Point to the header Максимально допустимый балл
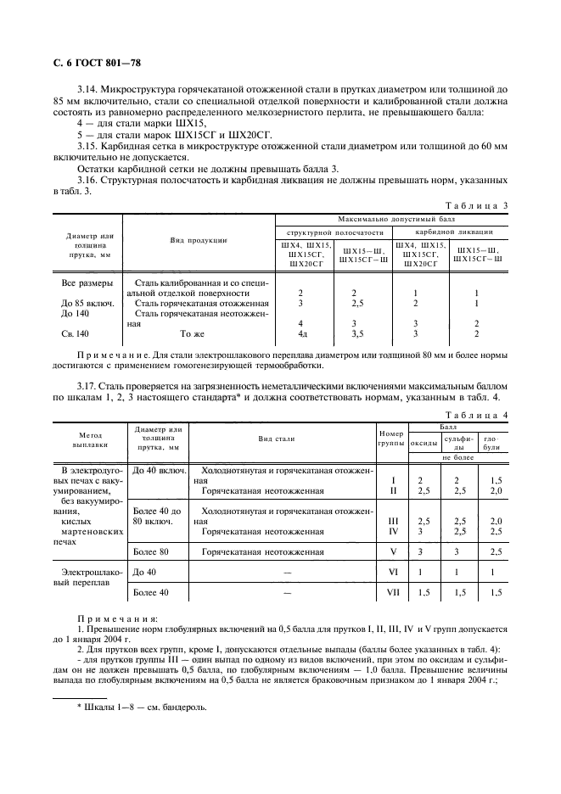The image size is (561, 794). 392,218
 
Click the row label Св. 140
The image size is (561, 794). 75,333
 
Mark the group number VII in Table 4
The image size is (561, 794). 392,592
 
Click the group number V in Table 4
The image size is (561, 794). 392,551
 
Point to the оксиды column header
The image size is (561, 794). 424,442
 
